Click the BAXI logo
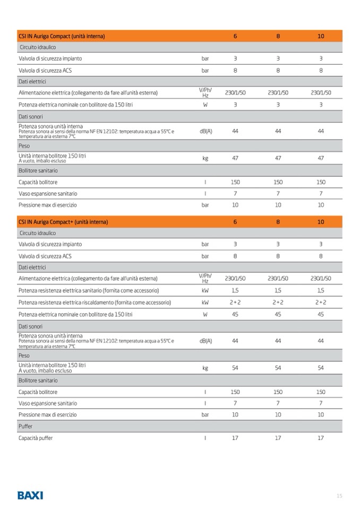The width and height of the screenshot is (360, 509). click(30, 495)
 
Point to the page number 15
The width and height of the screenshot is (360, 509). click(339, 496)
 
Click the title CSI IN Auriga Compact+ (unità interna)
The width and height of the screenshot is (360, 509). click(63, 222)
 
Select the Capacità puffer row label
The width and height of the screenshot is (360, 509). click(36, 438)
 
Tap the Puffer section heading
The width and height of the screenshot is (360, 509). click(25, 426)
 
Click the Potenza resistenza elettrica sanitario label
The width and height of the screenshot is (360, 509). click(89, 290)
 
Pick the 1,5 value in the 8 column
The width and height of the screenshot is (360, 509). click(278, 290)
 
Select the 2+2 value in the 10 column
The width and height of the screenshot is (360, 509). click(320, 302)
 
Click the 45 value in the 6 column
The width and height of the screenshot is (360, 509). click(235, 314)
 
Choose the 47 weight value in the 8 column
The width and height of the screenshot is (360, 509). click(278, 158)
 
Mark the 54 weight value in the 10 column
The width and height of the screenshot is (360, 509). click(320, 367)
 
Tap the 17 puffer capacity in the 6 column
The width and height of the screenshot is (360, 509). click(235, 438)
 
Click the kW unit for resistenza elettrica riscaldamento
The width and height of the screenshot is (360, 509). click(205, 302)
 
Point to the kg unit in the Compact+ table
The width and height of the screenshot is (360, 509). click(205, 367)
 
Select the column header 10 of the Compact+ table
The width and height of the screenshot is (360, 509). click(320, 222)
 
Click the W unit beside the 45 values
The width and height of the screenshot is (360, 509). click(205, 314)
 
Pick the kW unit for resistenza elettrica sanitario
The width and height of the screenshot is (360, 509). click(205, 290)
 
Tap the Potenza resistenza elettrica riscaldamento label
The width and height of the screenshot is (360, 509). click(95, 302)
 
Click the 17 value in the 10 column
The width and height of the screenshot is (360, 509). click(320, 438)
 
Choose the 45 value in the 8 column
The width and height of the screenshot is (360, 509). click(278, 314)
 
